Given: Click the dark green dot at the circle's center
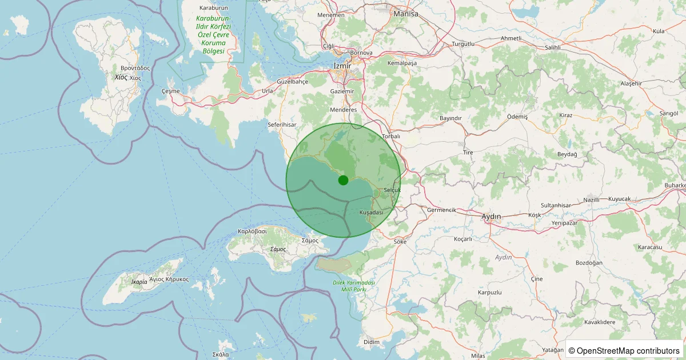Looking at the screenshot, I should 343,180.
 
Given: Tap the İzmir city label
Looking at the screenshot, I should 342,66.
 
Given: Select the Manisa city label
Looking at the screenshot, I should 406,13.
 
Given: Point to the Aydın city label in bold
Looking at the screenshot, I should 491,217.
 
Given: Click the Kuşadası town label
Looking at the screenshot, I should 370,212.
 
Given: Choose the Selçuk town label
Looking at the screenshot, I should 393,189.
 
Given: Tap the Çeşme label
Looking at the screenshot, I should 171,91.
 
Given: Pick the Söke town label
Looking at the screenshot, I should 400,242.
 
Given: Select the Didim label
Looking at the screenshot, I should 371,342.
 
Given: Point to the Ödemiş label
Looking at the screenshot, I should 517,116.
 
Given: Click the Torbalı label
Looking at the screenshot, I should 391,137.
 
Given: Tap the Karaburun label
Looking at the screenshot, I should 213,8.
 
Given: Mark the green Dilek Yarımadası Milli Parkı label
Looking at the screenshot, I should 353,286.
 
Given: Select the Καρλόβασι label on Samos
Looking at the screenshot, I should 252,231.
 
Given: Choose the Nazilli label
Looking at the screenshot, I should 591,199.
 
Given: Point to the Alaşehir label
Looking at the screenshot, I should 632,83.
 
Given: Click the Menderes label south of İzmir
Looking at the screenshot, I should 344,110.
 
